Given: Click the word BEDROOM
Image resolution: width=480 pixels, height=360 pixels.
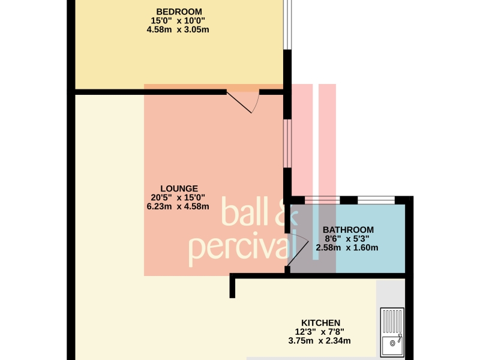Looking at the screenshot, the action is (179, 12).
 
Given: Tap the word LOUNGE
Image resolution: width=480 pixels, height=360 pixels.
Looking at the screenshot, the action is (179, 188).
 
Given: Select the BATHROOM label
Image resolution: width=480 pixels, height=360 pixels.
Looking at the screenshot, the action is (348, 230).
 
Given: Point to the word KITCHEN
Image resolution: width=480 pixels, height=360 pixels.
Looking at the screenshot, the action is (320, 323).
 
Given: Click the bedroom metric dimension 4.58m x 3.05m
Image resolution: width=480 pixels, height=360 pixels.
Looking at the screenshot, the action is (178, 29).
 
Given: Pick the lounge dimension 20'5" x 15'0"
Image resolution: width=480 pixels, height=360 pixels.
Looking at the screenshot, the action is (178, 197).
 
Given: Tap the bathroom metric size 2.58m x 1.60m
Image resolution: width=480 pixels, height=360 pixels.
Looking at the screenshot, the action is (347, 247).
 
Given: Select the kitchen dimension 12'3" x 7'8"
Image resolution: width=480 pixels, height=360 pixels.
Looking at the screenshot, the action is (319, 332).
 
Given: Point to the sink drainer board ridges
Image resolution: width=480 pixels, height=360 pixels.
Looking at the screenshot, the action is (392, 322).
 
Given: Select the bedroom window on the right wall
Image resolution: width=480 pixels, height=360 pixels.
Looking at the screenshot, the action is (287, 25).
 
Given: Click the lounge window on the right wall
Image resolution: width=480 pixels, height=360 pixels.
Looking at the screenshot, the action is (287, 143).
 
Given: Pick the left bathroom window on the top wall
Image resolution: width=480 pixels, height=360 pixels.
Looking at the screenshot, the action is (322, 200).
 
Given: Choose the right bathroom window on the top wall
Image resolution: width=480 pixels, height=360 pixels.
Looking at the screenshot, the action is (376, 200).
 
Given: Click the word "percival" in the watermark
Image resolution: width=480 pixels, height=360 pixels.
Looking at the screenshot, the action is (242, 248).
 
